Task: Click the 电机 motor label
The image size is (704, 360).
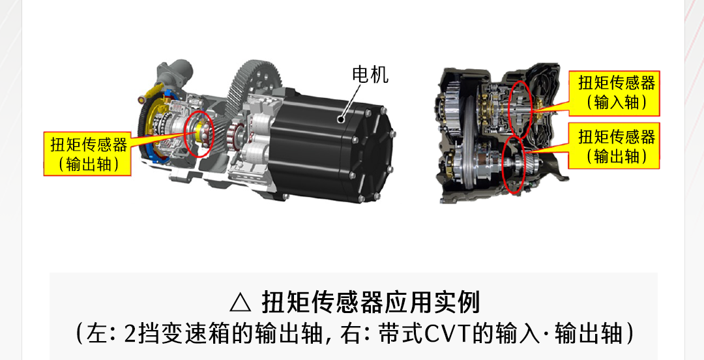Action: pyautogui.click(x=370, y=74)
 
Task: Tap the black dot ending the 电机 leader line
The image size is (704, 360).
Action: pyautogui.click(x=341, y=119)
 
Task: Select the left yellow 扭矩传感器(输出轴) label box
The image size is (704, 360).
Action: pyautogui.click(x=87, y=154)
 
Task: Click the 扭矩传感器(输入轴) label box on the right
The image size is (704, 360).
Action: pyautogui.click(x=614, y=93)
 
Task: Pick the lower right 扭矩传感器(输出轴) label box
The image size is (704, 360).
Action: pyautogui.click(x=614, y=145)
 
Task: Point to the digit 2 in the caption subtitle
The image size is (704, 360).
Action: pyautogui.click(x=129, y=334)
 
